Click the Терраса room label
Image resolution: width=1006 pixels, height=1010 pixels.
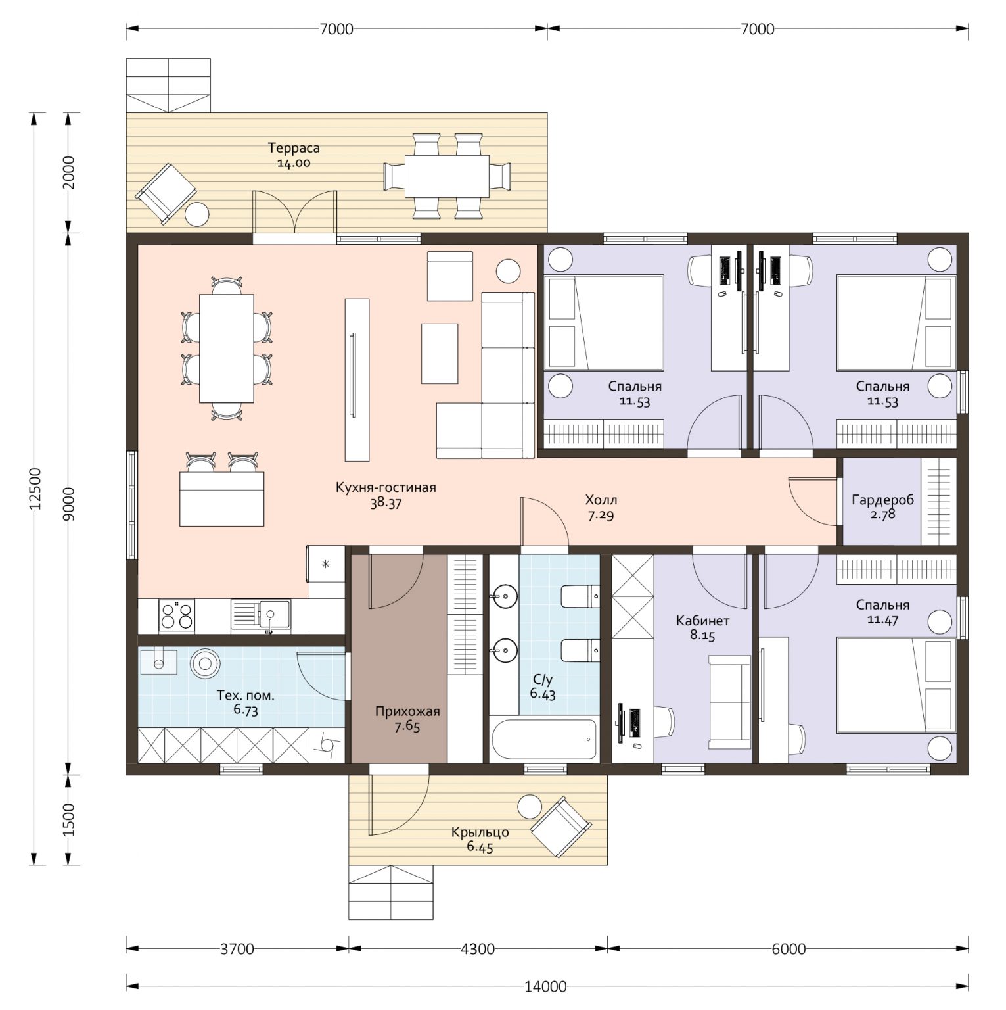pos(294,148)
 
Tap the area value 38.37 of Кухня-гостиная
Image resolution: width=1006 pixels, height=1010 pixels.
pos(386,504)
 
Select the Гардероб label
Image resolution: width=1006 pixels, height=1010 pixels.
pos(882,500)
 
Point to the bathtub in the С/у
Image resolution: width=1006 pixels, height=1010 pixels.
pos(543,739)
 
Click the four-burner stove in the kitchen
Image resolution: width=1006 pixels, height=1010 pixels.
pos(177,617)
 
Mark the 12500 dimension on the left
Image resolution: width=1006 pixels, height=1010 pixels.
pos(35,489)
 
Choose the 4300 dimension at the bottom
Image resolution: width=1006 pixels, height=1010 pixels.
pos(477,949)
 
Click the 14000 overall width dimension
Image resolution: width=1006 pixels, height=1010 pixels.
pos(546,986)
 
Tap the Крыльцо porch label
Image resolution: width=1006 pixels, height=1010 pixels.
pos(480,832)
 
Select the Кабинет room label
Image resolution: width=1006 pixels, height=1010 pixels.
pos(702,621)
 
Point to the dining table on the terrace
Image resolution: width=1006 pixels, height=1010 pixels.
pos(447,176)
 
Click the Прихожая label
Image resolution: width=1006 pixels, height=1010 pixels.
pos(407,711)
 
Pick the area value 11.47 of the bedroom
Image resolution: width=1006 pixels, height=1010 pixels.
pos(882,619)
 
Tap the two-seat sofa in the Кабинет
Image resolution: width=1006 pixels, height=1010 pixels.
pos(729,702)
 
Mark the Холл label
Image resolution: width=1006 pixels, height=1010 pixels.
pos(601,500)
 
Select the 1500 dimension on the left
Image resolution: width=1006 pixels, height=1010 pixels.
pos(68,820)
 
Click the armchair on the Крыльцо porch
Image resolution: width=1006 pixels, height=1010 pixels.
pos(561,827)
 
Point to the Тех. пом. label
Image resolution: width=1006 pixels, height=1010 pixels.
pos(245,695)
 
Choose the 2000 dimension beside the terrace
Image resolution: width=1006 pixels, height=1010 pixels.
pos(68,172)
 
